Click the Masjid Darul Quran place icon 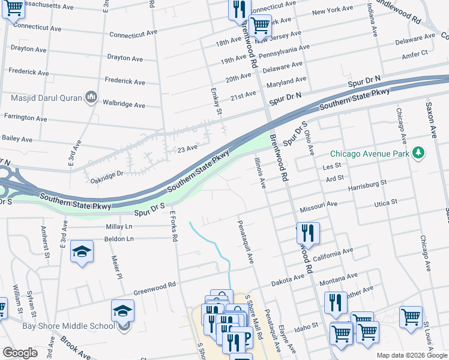pyautogui.click(x=91, y=97)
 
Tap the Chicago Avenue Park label pyautogui.click(x=370, y=154)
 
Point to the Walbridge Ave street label pyautogui.click(x=124, y=105)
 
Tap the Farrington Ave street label pyautogui.click(x=25, y=117)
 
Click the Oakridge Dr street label pyautogui.click(x=106, y=173)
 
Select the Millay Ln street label pyautogui.click(x=118, y=227)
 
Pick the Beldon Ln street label pyautogui.click(x=119, y=239)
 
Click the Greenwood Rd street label pyautogui.click(x=154, y=285)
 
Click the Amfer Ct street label pyautogui.click(x=415, y=53)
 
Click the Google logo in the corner pyautogui.click(x=20, y=353)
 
